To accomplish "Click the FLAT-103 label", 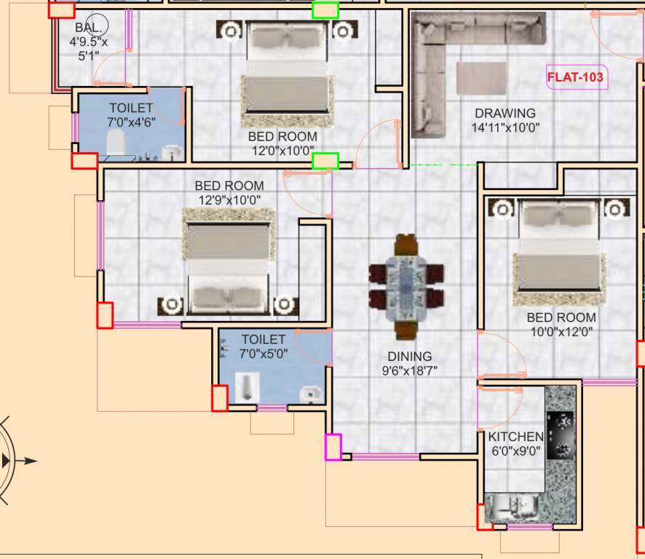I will [x=575, y=76].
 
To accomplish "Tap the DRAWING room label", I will [x=504, y=114].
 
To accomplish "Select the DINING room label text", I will [x=409, y=357].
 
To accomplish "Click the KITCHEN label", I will [x=515, y=437].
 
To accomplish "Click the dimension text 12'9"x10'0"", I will [x=229, y=199].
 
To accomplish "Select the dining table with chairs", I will [x=405, y=287].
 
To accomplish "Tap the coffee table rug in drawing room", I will [x=481, y=78].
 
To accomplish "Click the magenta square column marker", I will [x=333, y=447].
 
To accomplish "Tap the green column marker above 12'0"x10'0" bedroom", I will [x=325, y=10].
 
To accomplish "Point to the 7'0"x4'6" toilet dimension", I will [x=131, y=122].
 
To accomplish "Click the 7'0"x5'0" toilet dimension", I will [x=263, y=354].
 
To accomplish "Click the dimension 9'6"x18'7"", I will [x=409, y=370].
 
